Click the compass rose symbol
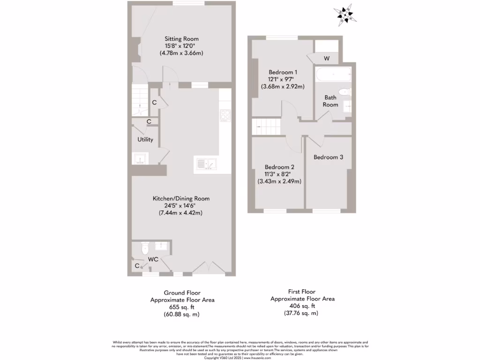pyautogui.click(x=345, y=15)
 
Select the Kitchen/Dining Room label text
pyautogui.click(x=181, y=199)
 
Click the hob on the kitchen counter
pyautogui.click(x=225, y=115)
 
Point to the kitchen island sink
pyautogui.click(x=206, y=165)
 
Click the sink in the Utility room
pyautogui.click(x=140, y=159)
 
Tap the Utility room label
pyautogui.click(x=145, y=140)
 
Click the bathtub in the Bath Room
pyautogui.click(x=333, y=75)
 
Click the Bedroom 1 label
pyautogui.click(x=283, y=72)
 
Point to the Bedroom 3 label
pyautogui.click(x=328, y=157)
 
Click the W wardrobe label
pyautogui.click(x=327, y=59)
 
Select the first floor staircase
pyautogui.click(x=266, y=126)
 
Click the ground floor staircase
pyautogui.click(x=140, y=100)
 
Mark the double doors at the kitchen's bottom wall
pyautogui.click(x=207, y=268)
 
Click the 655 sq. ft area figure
pyautogui.click(x=182, y=307)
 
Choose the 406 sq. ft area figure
pyautogui.click(x=302, y=306)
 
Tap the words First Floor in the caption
pyautogui.click(x=302, y=291)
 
